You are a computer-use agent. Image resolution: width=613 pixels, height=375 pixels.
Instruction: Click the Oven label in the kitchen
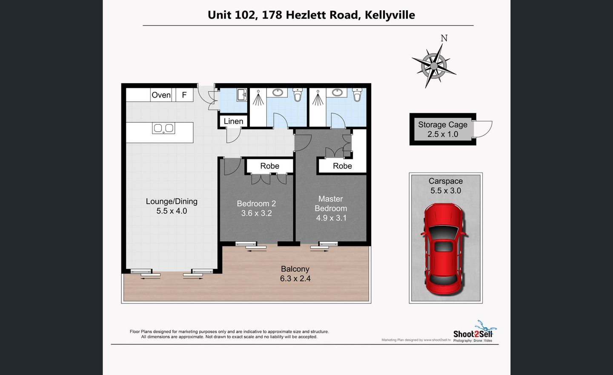click(x=161, y=95)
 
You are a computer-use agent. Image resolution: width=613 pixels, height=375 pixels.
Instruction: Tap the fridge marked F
click(x=184, y=95)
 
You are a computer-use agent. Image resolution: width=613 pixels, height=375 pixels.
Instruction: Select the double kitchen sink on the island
click(x=163, y=128)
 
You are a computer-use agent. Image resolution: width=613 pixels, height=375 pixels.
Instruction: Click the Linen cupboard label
click(x=233, y=121)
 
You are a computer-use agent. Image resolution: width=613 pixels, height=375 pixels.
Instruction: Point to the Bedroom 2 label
click(x=256, y=204)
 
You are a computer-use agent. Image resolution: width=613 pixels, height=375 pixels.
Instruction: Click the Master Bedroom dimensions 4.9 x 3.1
click(x=331, y=218)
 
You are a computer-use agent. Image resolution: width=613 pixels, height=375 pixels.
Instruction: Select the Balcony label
click(x=295, y=269)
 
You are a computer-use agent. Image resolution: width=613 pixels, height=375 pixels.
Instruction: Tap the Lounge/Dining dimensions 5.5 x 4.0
click(x=172, y=211)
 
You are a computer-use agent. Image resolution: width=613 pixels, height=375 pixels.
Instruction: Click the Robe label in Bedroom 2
click(x=270, y=166)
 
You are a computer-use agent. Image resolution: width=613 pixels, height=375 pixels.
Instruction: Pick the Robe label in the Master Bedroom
click(x=342, y=166)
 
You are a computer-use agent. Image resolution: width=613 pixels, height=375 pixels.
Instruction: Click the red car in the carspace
click(x=444, y=249)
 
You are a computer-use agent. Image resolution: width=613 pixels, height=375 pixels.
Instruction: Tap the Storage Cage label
click(x=443, y=124)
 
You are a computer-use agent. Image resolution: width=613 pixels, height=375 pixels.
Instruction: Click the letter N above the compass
click(x=444, y=38)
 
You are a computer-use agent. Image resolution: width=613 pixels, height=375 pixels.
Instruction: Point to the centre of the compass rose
click(x=434, y=66)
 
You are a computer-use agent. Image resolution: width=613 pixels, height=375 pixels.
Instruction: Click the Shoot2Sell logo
click(x=473, y=332)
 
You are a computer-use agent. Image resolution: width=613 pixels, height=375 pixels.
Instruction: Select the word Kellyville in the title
click(x=390, y=15)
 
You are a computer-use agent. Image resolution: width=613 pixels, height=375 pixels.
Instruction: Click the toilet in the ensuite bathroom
click(x=358, y=95)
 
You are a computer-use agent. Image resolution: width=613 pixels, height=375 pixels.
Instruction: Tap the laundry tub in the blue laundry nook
click(x=242, y=95)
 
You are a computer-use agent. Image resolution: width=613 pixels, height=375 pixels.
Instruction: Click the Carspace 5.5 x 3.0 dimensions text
click(x=446, y=190)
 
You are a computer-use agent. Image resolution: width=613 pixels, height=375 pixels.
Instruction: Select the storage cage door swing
click(x=483, y=129)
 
